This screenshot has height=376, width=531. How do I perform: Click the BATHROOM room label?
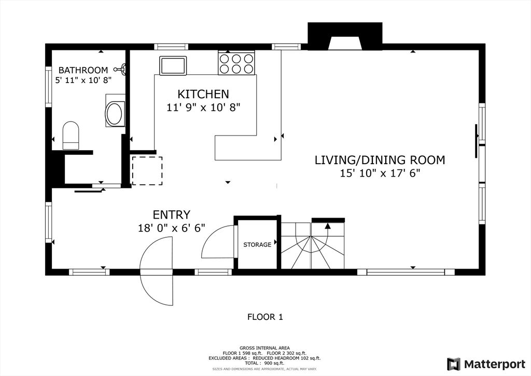pos(83,70)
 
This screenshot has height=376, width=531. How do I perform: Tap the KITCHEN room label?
pos(203,94)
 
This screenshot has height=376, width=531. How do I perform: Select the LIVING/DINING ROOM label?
pos(380,159)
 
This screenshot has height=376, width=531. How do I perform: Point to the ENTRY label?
pos(171,214)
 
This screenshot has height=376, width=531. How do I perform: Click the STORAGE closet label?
pos(257,245)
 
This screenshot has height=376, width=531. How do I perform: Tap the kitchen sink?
pos(173,65)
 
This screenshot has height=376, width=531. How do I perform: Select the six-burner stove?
pos(236,63)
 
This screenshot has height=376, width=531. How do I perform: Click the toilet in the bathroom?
pos(71,136)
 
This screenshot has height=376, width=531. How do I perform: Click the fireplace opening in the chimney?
pos(345,43)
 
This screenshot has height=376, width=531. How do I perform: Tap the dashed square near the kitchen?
pos(147,170)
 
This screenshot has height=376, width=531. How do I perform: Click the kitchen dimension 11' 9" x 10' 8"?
pos(203,108)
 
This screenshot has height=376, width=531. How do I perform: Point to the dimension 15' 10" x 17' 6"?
pos(380,173)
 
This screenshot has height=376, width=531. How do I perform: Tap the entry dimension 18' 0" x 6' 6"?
pos(171,228)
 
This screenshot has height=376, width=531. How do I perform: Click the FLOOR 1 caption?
pos(265,317)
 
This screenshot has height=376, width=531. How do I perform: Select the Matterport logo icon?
pos(453,364)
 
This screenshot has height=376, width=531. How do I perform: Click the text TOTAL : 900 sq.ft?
pos(264,363)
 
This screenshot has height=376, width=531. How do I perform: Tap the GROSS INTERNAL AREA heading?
pos(264,348)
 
